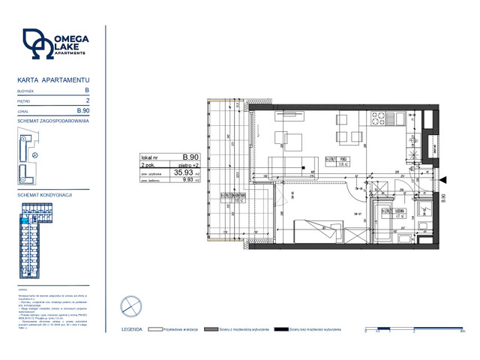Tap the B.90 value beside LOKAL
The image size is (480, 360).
[83, 111]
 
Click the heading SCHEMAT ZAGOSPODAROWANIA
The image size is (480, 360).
[52, 121]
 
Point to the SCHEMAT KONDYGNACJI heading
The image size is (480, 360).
[43, 194]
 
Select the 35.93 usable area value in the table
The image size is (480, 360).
[183, 172]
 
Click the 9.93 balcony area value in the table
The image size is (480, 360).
[185, 181]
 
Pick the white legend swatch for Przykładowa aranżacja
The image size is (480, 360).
[156, 329]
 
